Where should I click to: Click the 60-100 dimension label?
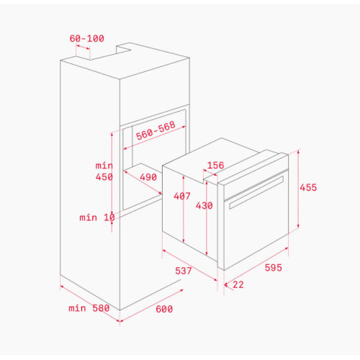(x=87, y=38)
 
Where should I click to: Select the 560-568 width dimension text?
(x=156, y=130)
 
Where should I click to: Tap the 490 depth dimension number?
(x=148, y=177)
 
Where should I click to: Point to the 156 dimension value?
(x=215, y=165)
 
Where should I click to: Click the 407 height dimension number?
(x=182, y=196)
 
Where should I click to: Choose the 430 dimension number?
(x=204, y=205)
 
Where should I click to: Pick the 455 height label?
(x=308, y=187)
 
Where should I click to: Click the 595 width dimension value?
(x=273, y=267)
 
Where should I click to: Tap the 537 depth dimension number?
(x=184, y=271)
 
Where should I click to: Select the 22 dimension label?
(x=238, y=284)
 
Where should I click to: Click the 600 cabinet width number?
(x=164, y=309)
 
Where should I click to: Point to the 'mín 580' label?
(x=89, y=308)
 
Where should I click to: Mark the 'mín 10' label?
(x=97, y=217)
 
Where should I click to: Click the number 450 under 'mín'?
(x=104, y=177)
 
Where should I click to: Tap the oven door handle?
(x=256, y=192)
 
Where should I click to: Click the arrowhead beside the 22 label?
(x=225, y=284)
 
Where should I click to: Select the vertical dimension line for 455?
(x=298, y=189)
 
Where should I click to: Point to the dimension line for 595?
(x=256, y=266)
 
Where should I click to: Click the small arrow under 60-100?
(x=83, y=47)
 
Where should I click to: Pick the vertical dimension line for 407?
(x=184, y=209)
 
